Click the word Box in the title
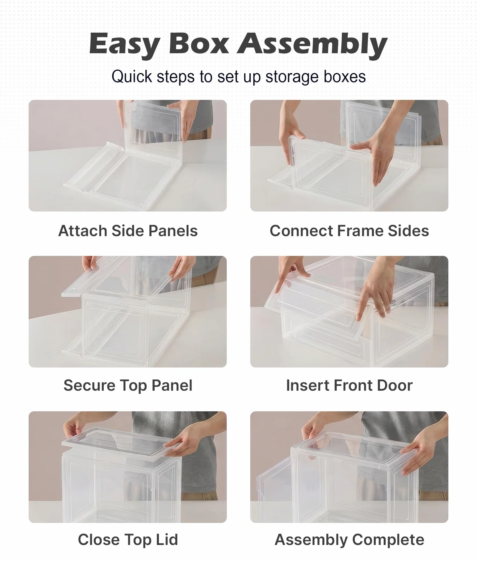pyautogui.click(x=199, y=44)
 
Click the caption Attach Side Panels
pyautogui.click(x=128, y=231)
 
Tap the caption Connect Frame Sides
pyautogui.click(x=349, y=231)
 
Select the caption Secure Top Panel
pyautogui.click(x=128, y=385)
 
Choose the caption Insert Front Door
pyautogui.click(x=349, y=385)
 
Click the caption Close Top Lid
pyautogui.click(x=128, y=540)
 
